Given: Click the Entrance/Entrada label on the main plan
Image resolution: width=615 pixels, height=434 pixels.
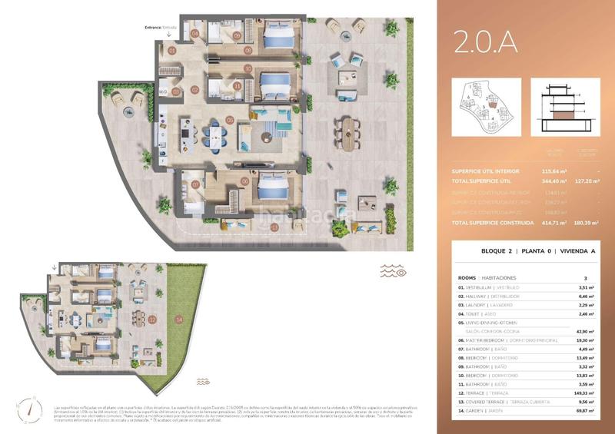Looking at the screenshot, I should [x=161, y=28].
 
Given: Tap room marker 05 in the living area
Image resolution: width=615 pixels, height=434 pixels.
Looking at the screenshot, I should [x=230, y=121].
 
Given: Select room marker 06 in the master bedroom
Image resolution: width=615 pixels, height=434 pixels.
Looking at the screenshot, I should [x=245, y=181].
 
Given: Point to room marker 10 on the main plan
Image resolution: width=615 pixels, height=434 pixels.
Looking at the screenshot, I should [x=248, y=68].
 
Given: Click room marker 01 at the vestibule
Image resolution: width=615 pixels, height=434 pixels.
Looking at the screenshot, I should [x=172, y=51].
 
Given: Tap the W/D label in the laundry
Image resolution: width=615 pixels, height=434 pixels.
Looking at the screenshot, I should [x=163, y=92].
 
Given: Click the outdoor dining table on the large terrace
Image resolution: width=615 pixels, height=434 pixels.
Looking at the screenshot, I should [x=351, y=132].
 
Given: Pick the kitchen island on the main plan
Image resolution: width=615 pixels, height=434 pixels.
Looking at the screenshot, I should [x=187, y=137].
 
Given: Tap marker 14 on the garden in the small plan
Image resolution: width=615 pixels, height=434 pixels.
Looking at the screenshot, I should [x=179, y=318].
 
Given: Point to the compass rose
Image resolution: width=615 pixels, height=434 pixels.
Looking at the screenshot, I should [x=28, y=409].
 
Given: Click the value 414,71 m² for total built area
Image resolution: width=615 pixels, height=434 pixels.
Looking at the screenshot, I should [x=550, y=223].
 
